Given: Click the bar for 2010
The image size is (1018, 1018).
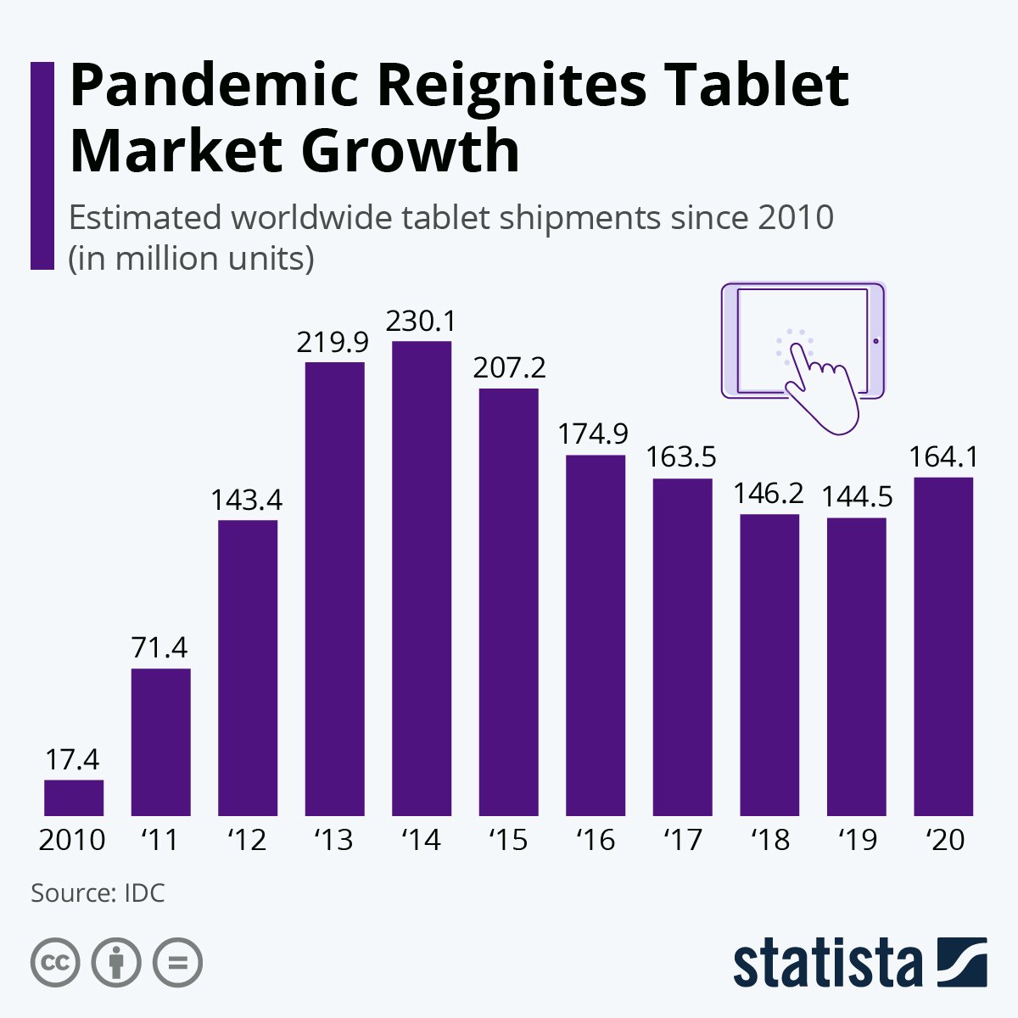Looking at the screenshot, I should (74, 797).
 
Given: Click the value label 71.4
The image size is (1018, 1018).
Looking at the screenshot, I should (160, 648).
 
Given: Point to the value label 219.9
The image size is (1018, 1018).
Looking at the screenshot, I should (333, 342).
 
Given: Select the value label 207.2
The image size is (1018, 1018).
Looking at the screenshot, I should (509, 368).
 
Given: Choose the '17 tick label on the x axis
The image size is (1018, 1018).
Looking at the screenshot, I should (682, 840).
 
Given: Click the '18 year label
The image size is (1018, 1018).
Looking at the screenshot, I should (769, 840).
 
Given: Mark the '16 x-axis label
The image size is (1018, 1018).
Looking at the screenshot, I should (595, 840).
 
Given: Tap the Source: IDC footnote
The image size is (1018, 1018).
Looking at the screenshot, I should (98, 893).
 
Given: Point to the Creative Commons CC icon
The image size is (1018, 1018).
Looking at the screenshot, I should (56, 963).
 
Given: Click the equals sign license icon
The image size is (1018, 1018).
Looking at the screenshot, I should (178, 963).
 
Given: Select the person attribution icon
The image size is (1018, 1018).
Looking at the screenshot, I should (117, 963).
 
